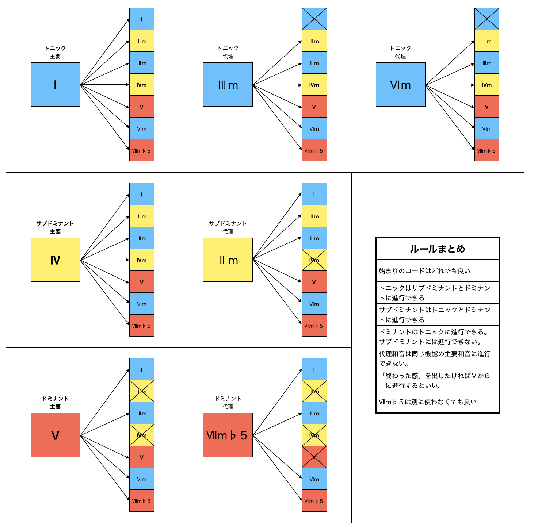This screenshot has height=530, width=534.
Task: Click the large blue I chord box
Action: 55,84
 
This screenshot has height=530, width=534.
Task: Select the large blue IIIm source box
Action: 228,84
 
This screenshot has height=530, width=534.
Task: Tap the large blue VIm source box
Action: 400,84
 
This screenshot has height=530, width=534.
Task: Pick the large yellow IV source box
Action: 55,260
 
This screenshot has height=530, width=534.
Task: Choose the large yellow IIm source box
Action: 228,260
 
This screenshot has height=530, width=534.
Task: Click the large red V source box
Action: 55,435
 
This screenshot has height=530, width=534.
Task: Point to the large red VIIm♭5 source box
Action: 228,435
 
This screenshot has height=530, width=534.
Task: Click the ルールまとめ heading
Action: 437,249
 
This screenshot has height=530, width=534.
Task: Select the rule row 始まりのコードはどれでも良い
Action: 437,271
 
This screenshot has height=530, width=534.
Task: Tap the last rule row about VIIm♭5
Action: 437,402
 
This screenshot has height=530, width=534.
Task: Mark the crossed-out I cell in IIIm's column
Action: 314,19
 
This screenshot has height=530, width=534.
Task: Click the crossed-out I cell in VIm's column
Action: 487,19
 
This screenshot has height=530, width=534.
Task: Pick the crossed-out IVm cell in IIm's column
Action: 314,260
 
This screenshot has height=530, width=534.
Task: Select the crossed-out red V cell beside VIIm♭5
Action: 314,457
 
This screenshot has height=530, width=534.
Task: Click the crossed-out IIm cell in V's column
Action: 142,391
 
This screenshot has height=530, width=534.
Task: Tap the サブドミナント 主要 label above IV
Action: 55,227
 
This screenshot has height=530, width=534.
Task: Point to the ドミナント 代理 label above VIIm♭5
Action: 228,403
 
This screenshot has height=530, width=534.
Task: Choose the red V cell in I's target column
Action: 142,107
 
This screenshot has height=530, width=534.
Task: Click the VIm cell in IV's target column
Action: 142,304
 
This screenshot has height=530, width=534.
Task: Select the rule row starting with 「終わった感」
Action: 437,380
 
